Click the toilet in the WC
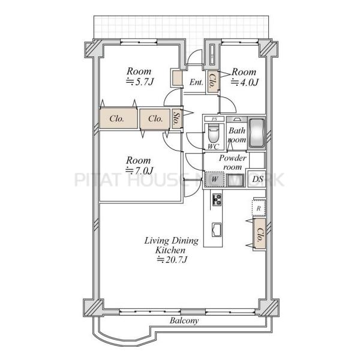[214, 133]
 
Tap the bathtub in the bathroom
[257, 133]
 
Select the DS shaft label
[257, 179]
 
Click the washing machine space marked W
[214, 179]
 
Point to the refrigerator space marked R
[259, 208]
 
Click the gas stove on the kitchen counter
[217, 200]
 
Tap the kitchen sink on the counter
[216, 230]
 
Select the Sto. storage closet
[177, 119]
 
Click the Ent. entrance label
[196, 82]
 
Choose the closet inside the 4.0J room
[213, 81]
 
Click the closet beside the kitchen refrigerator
[259, 234]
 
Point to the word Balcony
[184, 321]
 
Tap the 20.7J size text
[172, 260]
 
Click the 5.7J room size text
[140, 81]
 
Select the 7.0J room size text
[139, 170]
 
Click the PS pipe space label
[214, 119]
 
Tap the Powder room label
[233, 163]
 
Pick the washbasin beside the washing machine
[235, 181]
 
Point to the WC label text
[213, 146]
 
